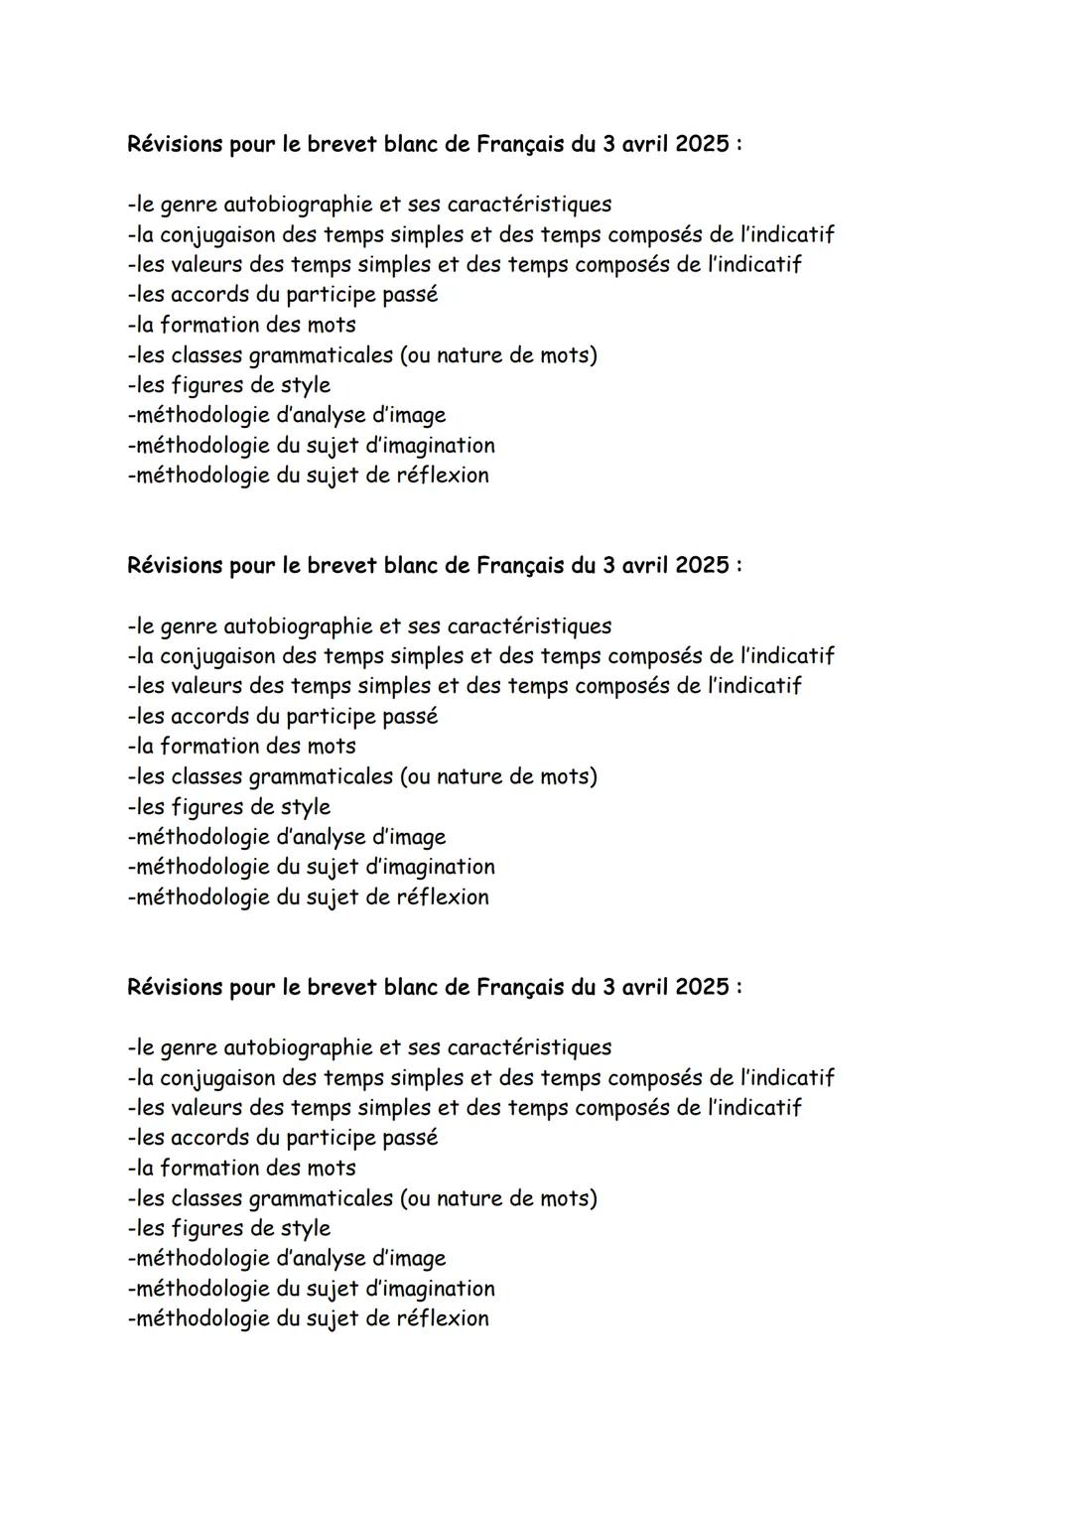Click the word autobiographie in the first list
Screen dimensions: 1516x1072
click(x=298, y=205)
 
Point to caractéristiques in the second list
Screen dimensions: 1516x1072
click(x=529, y=626)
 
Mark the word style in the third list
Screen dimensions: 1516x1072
click(x=305, y=1229)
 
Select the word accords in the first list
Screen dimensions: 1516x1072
click(x=209, y=295)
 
